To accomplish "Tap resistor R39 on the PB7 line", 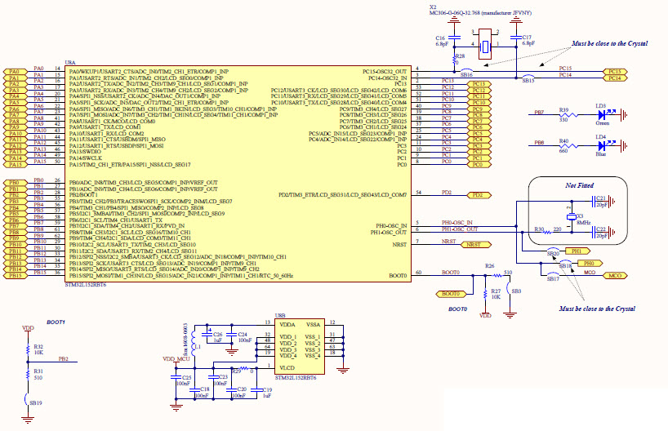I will [564, 115].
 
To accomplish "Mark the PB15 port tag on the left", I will [15, 276].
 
